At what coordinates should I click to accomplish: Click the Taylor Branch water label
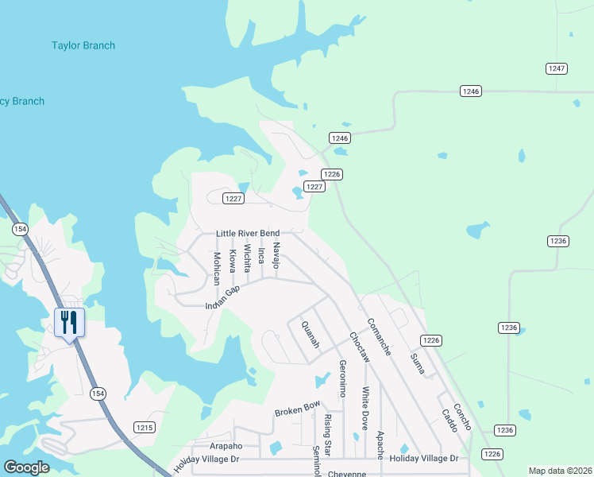coord(83,46)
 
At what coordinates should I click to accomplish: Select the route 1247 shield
coord(557,69)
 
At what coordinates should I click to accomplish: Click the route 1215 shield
coord(144,427)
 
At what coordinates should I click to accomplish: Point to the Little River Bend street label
coord(248,233)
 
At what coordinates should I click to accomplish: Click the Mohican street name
coord(217,269)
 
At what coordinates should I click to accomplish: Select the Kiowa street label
coord(233,261)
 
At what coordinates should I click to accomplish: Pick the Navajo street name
coord(276,255)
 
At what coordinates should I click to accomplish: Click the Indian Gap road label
coord(222,298)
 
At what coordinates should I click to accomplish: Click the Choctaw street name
coord(360,347)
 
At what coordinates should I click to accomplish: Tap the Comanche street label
coord(379,337)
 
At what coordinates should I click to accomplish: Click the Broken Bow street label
coord(297,409)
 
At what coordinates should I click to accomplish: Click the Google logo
coord(26,467)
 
